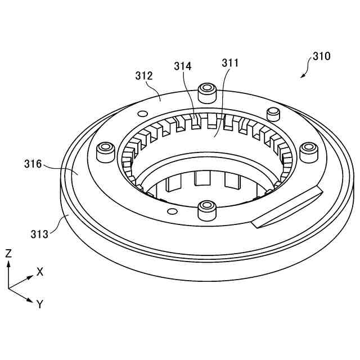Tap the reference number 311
(x=229, y=63)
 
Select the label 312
(x=144, y=75)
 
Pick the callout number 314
(x=182, y=66)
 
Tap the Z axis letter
(x=8, y=253)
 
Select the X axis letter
(x=40, y=271)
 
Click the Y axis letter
(x=39, y=304)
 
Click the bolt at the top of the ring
(x=207, y=92)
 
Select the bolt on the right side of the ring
(x=308, y=151)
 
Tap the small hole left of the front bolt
(x=173, y=211)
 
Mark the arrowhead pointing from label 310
(x=302, y=76)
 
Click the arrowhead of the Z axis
(x=8, y=263)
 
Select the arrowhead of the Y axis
(x=30, y=300)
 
